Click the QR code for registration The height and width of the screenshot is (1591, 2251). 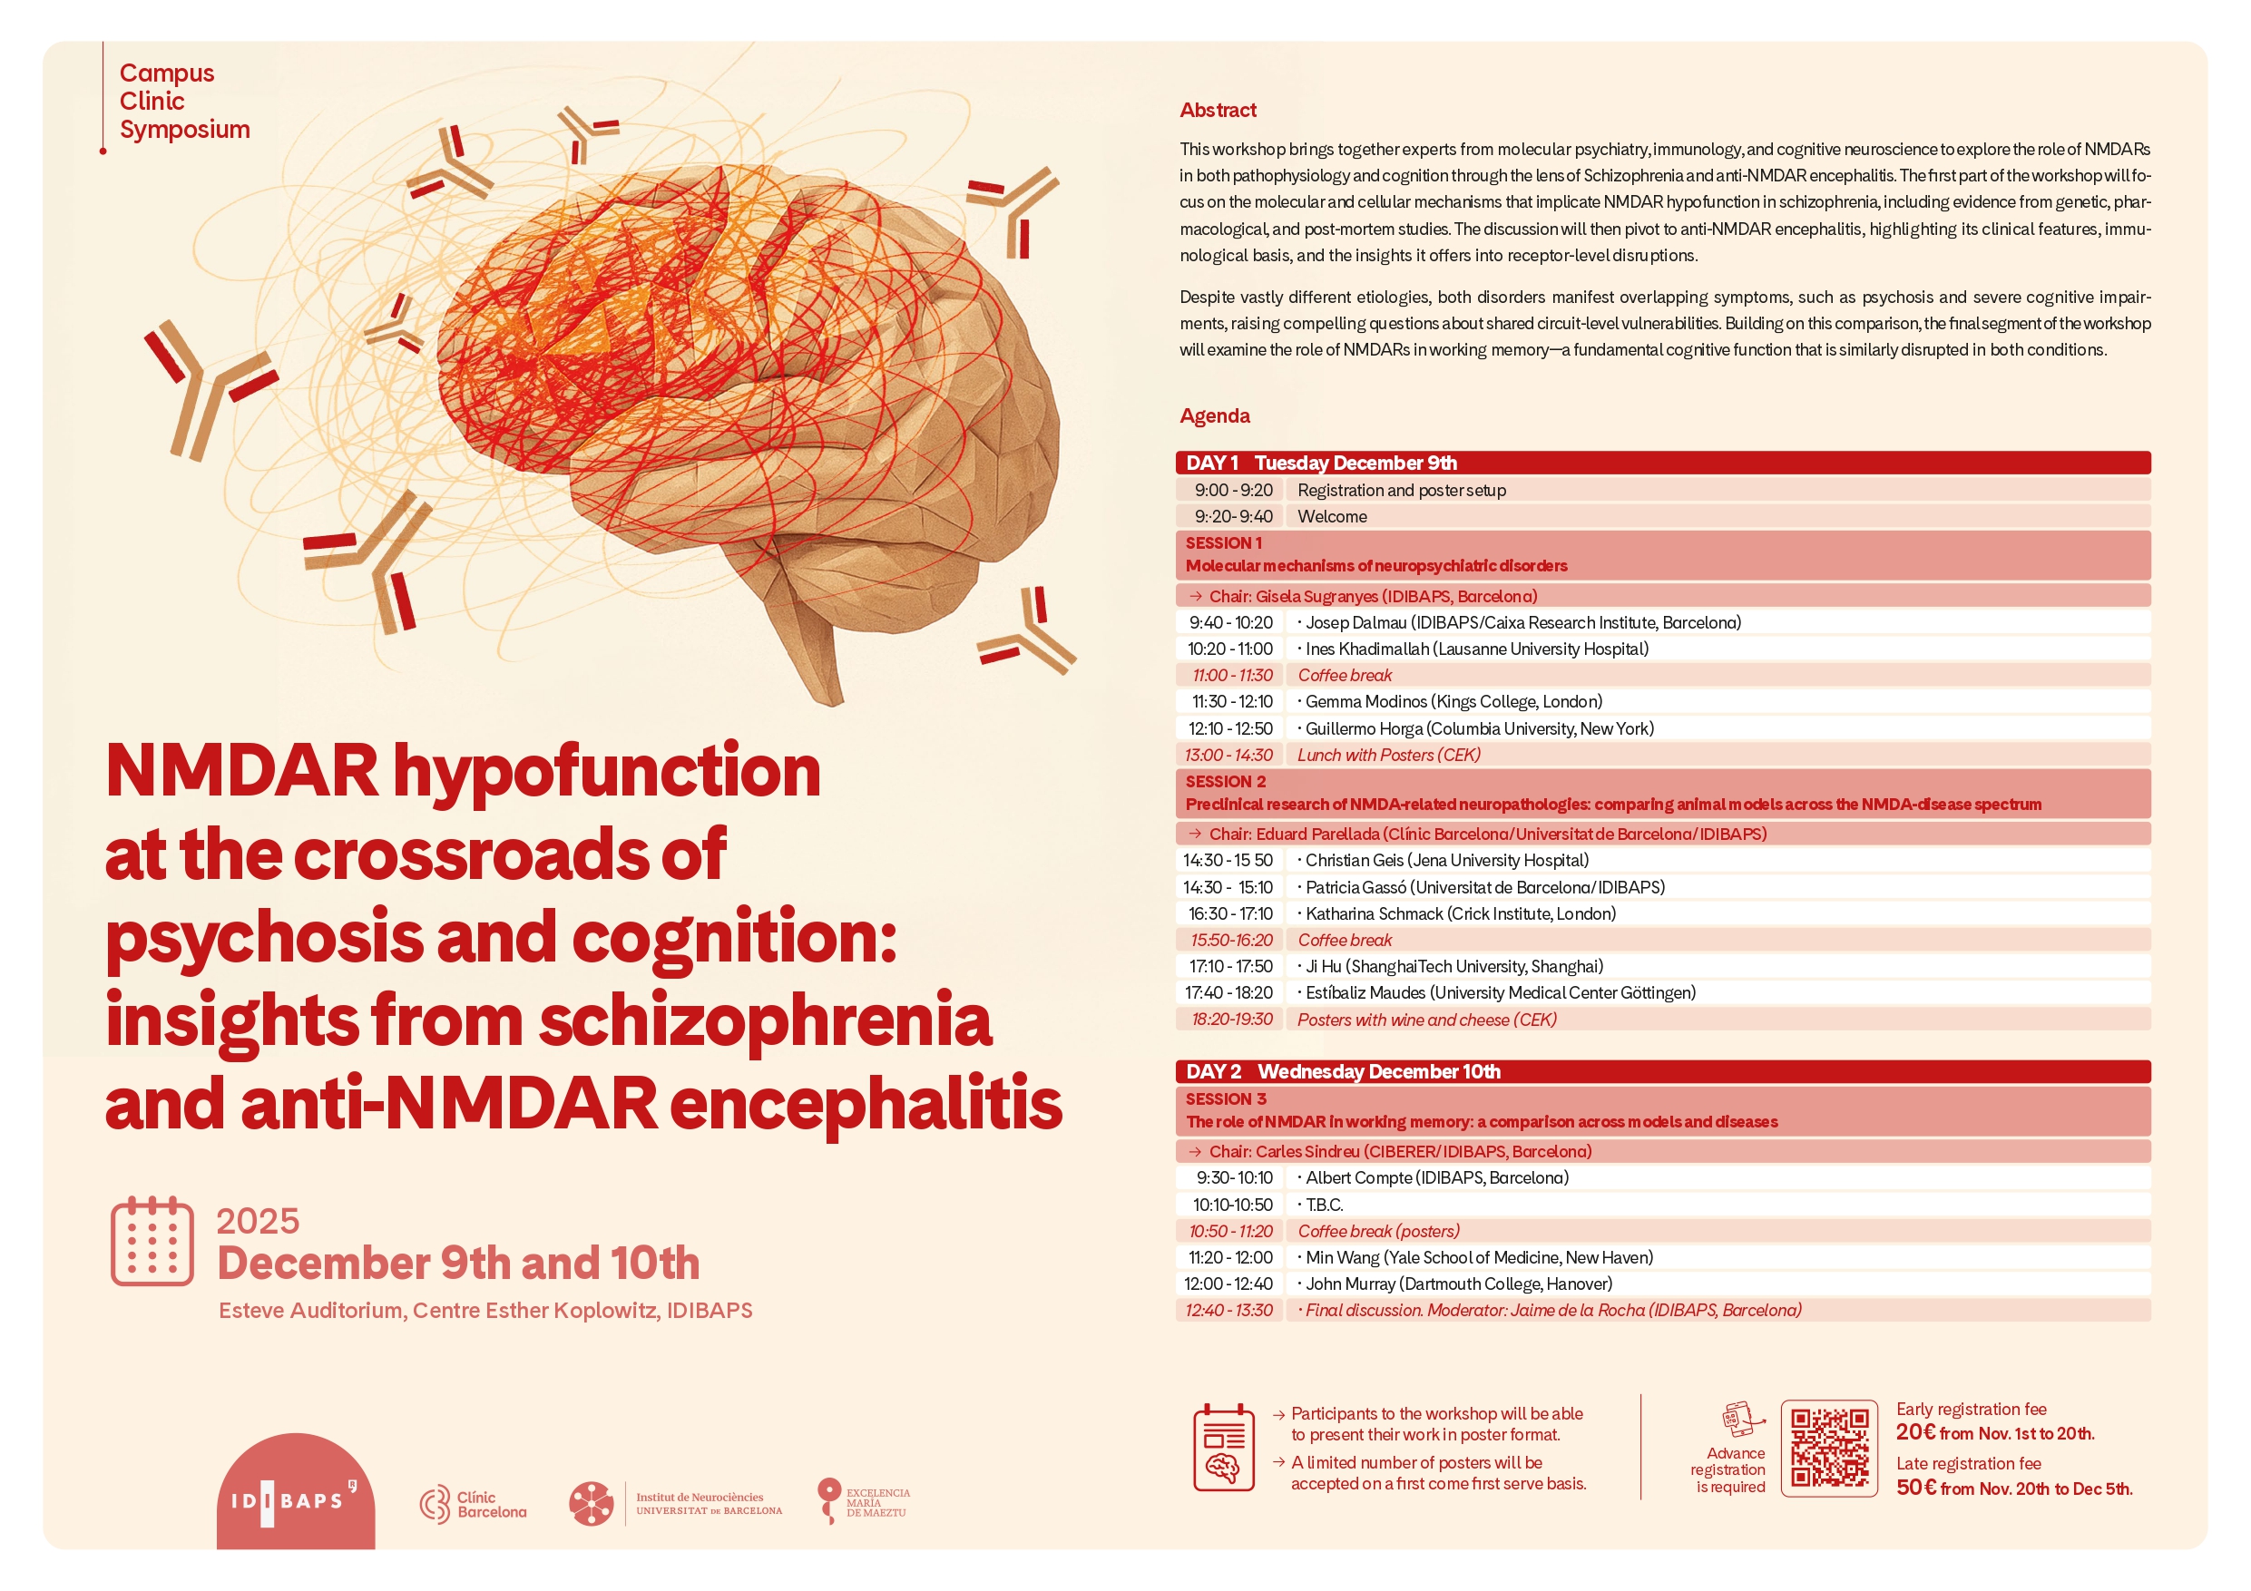click(x=1828, y=1448)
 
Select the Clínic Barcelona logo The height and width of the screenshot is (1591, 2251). click(x=473, y=1504)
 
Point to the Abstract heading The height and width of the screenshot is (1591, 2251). click(x=1218, y=111)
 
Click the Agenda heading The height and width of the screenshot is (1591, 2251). click(x=1215, y=415)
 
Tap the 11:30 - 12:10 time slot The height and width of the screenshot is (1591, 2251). click(x=1231, y=702)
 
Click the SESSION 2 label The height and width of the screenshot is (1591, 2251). click(x=1226, y=781)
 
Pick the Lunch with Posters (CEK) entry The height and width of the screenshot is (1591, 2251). click(x=1388, y=755)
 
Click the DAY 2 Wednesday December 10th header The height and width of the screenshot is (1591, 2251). click(x=1343, y=1071)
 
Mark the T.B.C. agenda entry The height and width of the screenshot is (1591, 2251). click(x=1324, y=1205)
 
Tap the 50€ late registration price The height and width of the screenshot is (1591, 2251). click(x=1917, y=1489)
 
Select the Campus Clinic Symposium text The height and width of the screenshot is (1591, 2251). click(x=184, y=101)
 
